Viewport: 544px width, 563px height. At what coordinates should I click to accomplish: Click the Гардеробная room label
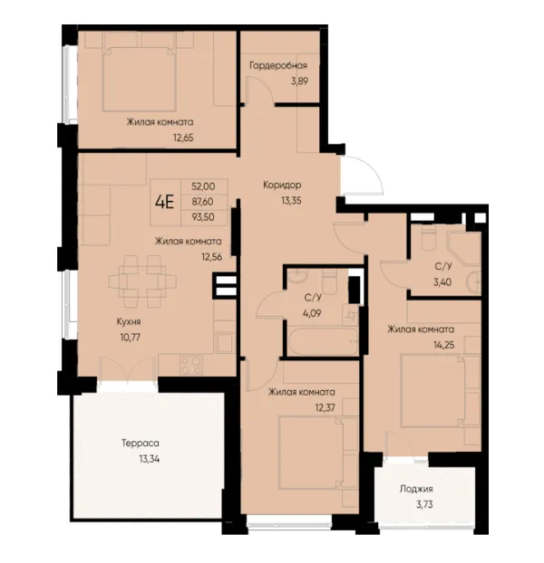pos(278,66)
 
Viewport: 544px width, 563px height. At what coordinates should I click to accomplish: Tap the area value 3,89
pos(299,81)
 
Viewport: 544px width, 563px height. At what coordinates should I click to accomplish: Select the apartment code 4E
pos(165,202)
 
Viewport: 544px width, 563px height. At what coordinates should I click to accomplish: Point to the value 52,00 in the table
pos(203,186)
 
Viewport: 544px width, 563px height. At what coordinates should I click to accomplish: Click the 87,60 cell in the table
pos(203,202)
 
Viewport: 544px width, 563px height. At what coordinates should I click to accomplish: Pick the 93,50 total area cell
pos(203,217)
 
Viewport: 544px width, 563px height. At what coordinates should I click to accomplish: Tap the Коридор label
pos(282,186)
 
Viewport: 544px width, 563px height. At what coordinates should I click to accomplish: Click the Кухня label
pos(129,321)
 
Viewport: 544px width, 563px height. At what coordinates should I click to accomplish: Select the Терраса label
pos(141,444)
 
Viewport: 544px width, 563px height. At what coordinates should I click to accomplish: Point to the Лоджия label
pos(416,489)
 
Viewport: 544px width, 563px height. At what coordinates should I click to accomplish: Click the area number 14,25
pos(444,345)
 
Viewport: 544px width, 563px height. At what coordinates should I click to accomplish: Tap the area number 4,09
pos(312,313)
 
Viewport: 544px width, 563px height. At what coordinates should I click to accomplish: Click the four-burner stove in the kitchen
pos(191,366)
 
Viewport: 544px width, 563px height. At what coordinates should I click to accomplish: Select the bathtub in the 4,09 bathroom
pos(323,340)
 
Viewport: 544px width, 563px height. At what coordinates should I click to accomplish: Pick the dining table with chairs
pos(142,281)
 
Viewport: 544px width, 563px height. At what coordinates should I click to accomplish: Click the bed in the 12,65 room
pos(139,79)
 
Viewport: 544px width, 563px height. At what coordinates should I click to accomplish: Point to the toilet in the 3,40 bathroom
pos(428,238)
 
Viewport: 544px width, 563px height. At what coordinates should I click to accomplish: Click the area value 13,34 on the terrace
pos(150,459)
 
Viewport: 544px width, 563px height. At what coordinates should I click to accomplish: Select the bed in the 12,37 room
pos(311,453)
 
